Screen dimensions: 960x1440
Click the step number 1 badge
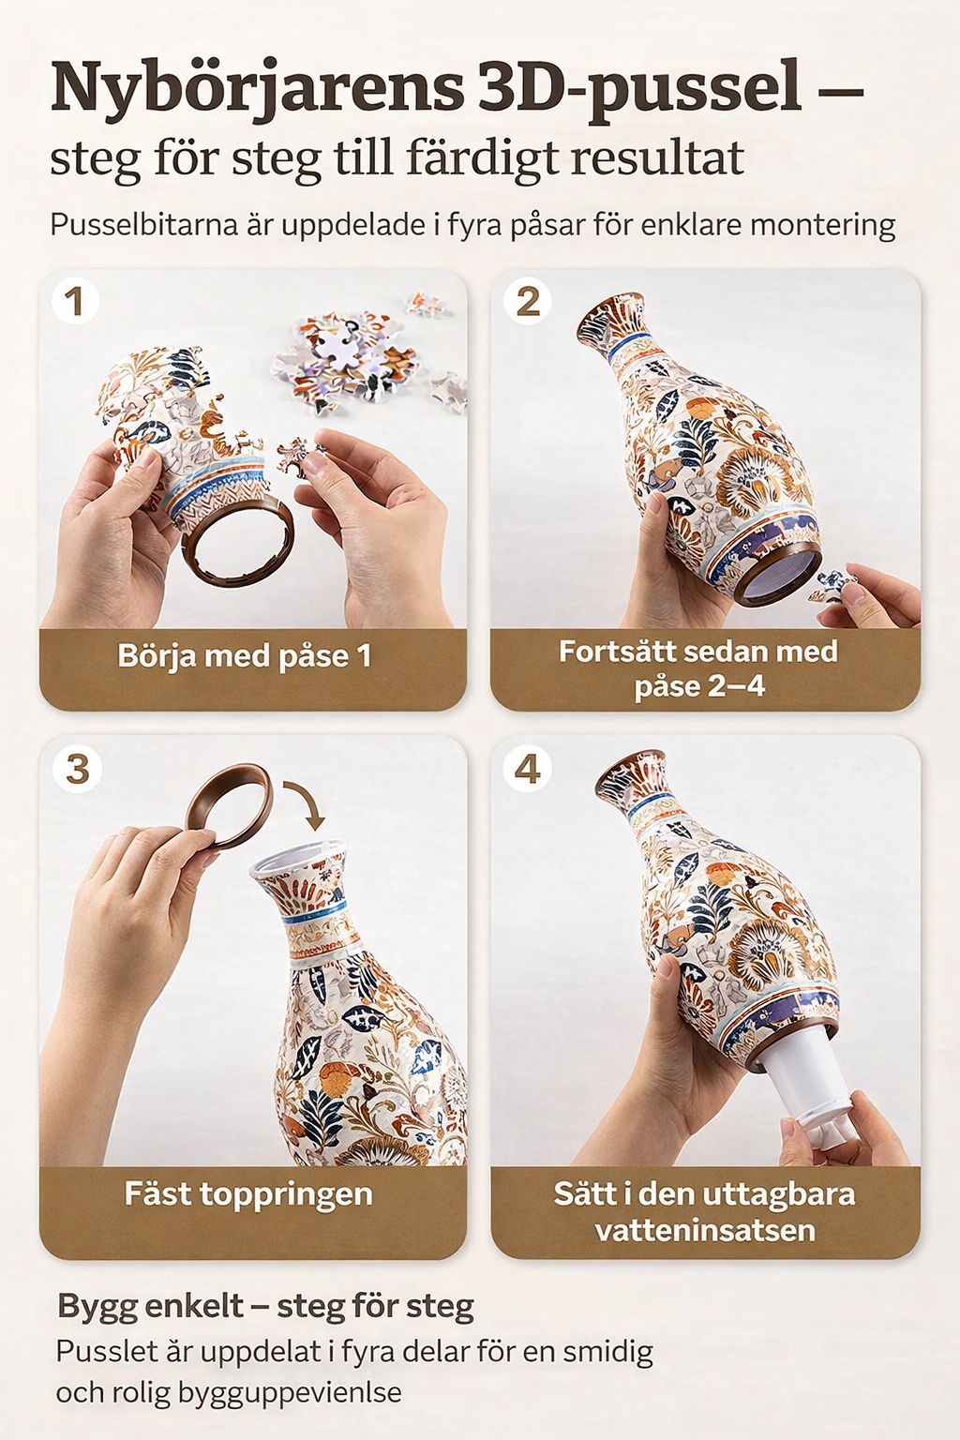click(x=75, y=301)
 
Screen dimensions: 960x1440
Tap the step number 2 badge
click(x=527, y=301)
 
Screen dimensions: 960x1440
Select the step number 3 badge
click(x=77, y=769)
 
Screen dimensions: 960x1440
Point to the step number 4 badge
click(x=527, y=769)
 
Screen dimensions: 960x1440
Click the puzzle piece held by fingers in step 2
click(x=836, y=584)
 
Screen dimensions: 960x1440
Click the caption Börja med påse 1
click(x=245, y=656)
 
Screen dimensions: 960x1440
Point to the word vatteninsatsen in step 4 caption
click(x=705, y=1230)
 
